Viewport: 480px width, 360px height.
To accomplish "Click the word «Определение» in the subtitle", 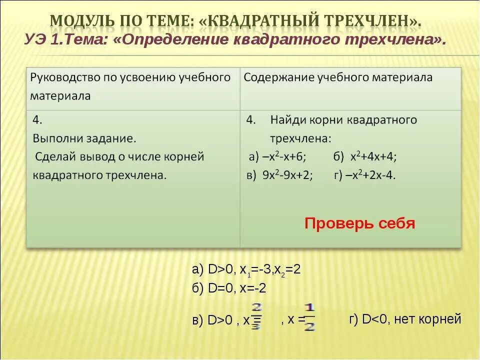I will coord(172,40).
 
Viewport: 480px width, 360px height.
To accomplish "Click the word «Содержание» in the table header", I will coord(273,77).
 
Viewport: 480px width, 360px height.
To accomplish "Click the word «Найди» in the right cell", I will coord(287,120).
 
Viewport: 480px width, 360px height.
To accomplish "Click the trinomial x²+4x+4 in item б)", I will coord(372,156).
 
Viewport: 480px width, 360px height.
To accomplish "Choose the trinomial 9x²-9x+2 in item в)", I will coord(287,175).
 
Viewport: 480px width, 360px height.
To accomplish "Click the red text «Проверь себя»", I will coord(359,223).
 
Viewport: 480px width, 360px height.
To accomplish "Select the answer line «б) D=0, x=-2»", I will coord(228,288).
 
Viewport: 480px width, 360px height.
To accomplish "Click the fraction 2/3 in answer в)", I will coord(257,316).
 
